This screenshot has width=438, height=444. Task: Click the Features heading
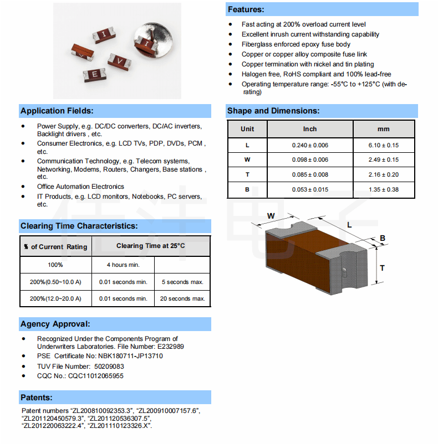(x=246, y=9)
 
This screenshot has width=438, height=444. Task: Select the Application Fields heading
(x=57, y=111)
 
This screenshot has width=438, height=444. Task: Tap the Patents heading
(x=37, y=397)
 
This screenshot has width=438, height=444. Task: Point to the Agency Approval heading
(x=55, y=324)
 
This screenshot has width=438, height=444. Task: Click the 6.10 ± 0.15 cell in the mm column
(x=384, y=145)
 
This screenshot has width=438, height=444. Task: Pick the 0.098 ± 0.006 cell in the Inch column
(x=310, y=160)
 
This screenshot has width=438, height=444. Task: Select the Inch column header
(x=310, y=129)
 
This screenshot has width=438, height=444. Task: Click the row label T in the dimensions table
(x=247, y=175)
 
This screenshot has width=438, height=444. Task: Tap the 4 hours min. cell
(x=123, y=265)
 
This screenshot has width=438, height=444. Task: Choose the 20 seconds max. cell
(x=182, y=298)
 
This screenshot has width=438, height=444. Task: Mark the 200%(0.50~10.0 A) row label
(x=55, y=282)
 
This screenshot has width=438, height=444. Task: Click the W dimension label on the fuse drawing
(x=271, y=215)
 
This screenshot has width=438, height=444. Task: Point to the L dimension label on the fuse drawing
(x=350, y=225)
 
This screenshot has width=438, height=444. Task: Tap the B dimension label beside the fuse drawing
(x=382, y=239)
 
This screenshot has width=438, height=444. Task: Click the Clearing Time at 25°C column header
(x=150, y=246)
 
